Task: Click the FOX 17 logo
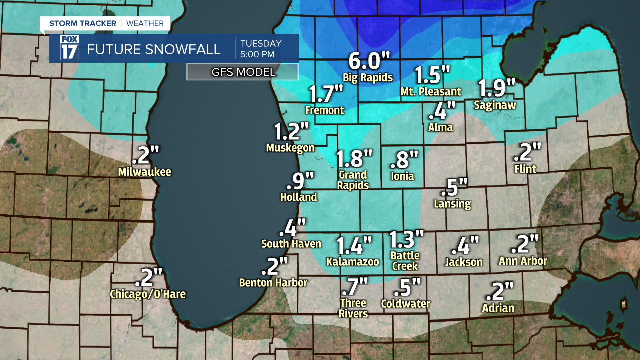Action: (x=69, y=48)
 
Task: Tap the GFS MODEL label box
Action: (x=243, y=72)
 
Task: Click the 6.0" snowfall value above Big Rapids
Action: (x=369, y=61)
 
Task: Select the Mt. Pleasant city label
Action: (x=431, y=92)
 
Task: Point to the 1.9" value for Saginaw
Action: (x=497, y=88)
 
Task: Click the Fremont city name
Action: (x=325, y=110)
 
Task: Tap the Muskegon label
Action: (x=290, y=148)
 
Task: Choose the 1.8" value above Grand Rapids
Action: (x=354, y=158)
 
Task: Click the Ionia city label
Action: (x=403, y=177)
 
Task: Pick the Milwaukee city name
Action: (x=145, y=172)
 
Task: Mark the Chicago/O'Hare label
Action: (x=148, y=294)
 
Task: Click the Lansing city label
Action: (x=452, y=204)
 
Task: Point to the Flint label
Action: (x=525, y=169)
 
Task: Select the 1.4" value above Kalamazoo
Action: (x=354, y=246)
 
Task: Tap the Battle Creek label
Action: (x=405, y=261)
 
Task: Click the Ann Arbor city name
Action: (x=523, y=261)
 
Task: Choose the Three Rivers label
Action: (x=353, y=308)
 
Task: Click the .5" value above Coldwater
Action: (x=407, y=287)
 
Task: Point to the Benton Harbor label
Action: (x=273, y=283)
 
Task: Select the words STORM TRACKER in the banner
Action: (x=83, y=23)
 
